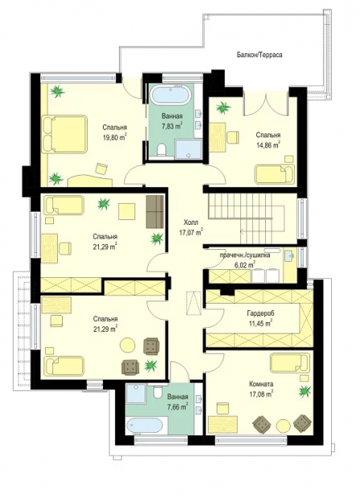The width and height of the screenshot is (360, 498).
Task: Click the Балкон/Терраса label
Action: [x=260, y=55]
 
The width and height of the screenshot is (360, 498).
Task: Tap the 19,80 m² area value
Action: [x=115, y=137]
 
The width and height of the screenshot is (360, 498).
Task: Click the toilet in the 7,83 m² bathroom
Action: [x=162, y=149]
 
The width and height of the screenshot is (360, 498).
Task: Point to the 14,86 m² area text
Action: [x=268, y=145]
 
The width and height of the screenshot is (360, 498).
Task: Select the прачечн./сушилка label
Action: [x=247, y=255]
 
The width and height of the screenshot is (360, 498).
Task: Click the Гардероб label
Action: [x=260, y=313]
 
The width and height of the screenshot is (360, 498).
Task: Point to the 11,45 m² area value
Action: [x=260, y=324]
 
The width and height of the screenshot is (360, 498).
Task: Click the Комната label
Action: [x=261, y=384]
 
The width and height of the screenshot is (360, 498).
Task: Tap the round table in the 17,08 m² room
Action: [x=283, y=425]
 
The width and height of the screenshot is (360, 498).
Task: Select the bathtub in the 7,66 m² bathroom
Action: [x=146, y=426]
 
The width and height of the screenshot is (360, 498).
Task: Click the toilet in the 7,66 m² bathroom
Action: [x=157, y=392]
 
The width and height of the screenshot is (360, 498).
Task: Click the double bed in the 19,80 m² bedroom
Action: [x=64, y=134]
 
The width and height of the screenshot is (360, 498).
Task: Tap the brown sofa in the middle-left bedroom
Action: [x=155, y=211]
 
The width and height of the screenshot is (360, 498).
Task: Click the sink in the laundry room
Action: [x=290, y=255]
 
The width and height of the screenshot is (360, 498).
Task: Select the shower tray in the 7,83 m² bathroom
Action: [x=188, y=148]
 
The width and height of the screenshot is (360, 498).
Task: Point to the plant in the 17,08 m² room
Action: [x=305, y=390]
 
